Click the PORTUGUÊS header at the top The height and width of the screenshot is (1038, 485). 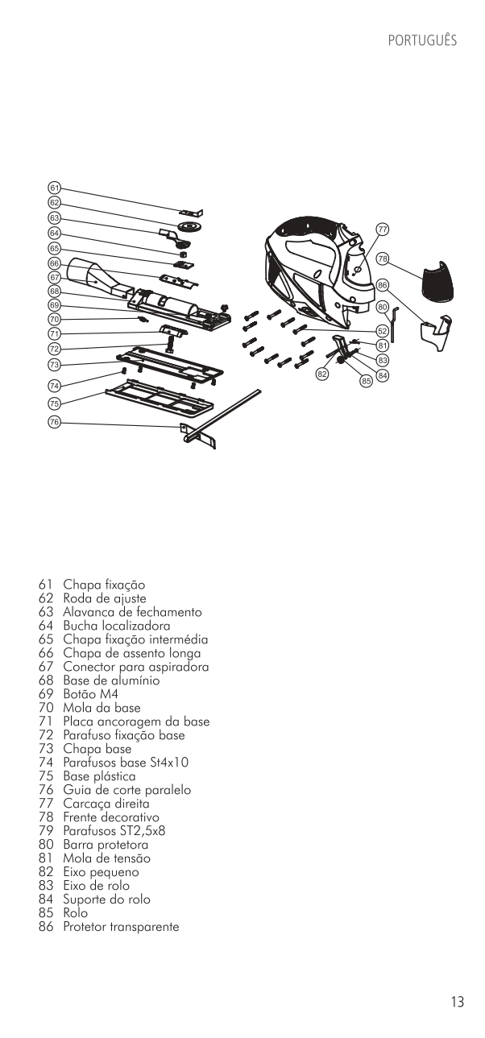coord(421,40)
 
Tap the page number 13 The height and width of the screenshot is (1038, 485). coord(457,1003)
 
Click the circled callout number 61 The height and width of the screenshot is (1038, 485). coord(54,188)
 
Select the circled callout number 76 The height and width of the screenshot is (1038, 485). coord(54,422)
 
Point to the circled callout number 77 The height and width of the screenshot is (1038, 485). coord(383,230)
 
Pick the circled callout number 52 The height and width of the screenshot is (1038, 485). coord(383,330)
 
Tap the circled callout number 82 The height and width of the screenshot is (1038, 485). coord(321,374)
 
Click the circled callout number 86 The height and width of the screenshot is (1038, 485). coord(383,285)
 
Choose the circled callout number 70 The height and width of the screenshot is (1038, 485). coord(54,320)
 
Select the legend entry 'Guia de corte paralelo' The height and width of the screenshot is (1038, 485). coord(126,790)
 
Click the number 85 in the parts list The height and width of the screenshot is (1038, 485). coord(45,913)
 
